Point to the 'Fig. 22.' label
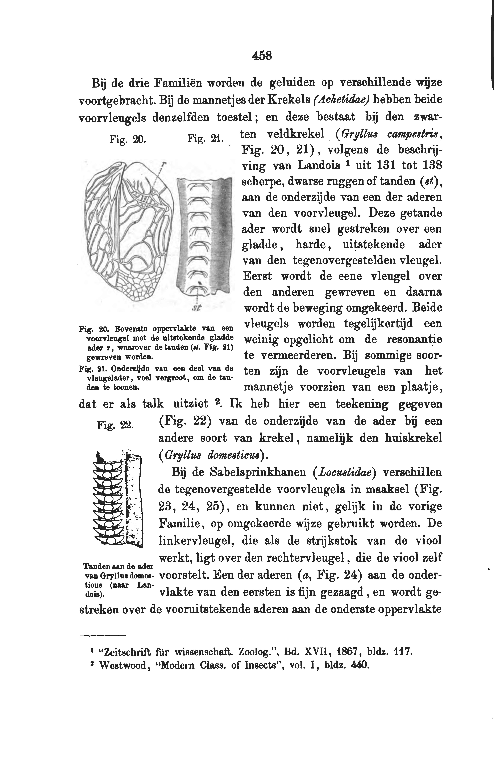pyautogui.click(x=116, y=425)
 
